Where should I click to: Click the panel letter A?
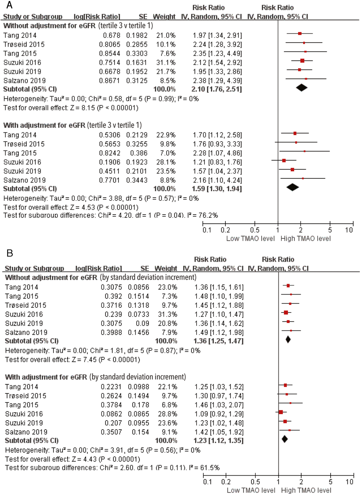click(x=9, y=5)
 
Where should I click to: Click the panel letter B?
click(x=10, y=253)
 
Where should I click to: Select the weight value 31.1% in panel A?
click(x=166, y=63)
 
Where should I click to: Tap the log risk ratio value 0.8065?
click(x=109, y=44)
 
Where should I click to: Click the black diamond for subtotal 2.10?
click(x=301, y=88)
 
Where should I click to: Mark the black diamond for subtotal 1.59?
click(x=292, y=187)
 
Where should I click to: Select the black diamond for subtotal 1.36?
click(x=288, y=339)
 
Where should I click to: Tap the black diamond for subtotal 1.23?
click(x=285, y=439)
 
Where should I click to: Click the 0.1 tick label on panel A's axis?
click(x=207, y=230)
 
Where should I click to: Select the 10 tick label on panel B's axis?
click(x=350, y=482)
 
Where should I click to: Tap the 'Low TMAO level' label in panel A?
click(x=250, y=239)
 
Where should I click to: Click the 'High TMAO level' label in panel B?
click(x=306, y=490)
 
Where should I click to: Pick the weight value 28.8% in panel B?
click(x=167, y=414)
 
